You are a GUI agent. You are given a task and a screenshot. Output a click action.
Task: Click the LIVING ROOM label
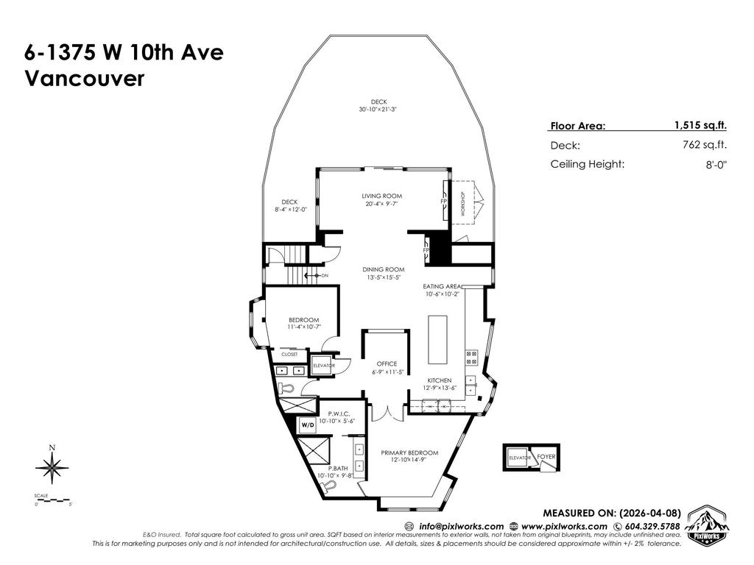[381, 196]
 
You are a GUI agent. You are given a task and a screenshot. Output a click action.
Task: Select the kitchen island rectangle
[437, 340]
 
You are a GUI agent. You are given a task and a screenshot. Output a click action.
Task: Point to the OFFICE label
[387, 363]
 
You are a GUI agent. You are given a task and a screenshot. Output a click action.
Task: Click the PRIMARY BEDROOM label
[409, 452]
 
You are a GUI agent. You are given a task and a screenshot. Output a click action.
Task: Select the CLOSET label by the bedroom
[289, 354]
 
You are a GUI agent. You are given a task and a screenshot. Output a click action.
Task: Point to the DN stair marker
[325, 275]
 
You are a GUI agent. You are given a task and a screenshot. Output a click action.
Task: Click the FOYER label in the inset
[546, 457]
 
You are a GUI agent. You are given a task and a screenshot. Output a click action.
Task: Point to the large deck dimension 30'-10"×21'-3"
[378, 109]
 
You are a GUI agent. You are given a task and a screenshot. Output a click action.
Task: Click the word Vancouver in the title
[85, 79]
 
